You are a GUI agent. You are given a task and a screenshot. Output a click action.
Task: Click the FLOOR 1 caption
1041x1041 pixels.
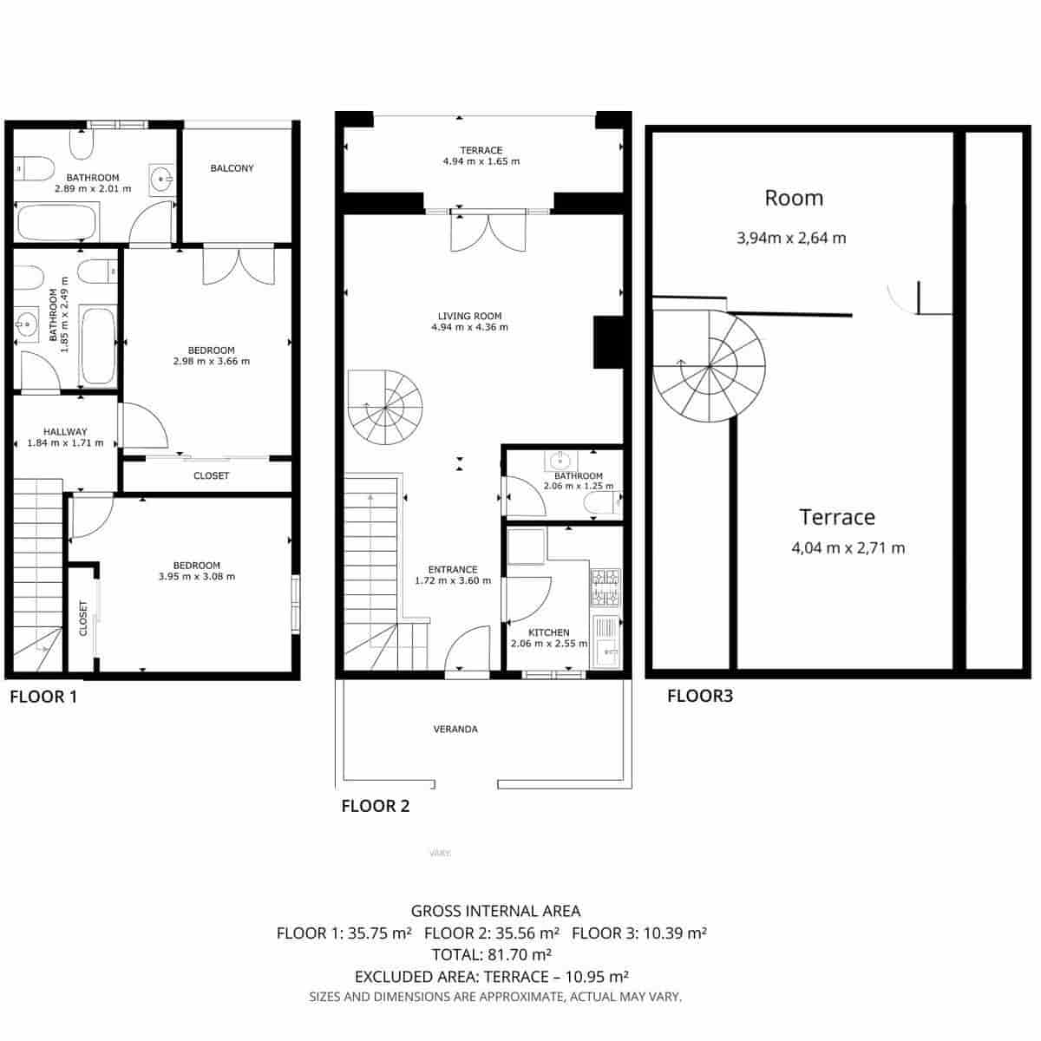tap(43, 697)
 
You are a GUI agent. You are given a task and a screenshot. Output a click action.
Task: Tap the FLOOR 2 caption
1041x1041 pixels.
tap(375, 806)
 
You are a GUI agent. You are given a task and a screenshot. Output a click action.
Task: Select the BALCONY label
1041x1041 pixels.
tap(232, 168)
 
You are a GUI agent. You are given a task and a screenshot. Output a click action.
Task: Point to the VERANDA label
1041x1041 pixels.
tap(455, 730)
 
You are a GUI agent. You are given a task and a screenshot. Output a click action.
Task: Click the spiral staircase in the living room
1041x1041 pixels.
tap(385, 408)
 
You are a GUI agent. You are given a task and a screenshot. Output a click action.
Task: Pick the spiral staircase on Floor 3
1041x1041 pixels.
tap(709, 367)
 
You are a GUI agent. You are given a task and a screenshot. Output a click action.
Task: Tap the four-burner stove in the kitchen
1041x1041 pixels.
tap(606, 587)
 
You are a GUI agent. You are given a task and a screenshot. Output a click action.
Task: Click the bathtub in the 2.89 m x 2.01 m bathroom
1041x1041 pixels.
tap(56, 223)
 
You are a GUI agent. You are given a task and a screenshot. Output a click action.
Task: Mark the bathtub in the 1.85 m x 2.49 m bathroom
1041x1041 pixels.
tap(98, 344)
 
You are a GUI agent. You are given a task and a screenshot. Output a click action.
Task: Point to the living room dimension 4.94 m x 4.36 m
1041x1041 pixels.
tap(469, 328)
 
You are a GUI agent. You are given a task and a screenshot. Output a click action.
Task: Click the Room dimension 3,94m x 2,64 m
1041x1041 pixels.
tap(791, 238)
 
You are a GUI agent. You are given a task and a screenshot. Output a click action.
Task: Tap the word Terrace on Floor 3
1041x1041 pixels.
tap(837, 518)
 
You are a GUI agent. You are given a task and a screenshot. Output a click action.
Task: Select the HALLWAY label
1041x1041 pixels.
tap(65, 431)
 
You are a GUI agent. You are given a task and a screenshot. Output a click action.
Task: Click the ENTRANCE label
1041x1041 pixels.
tap(453, 570)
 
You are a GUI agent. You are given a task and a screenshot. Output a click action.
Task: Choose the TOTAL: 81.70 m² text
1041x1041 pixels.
tap(495, 955)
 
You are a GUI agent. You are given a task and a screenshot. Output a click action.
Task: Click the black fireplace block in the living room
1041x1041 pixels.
tap(608, 343)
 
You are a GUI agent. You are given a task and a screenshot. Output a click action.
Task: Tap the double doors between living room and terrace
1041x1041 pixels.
tap(488, 232)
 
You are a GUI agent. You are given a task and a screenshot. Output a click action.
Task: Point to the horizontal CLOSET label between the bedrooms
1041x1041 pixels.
tap(211, 475)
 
